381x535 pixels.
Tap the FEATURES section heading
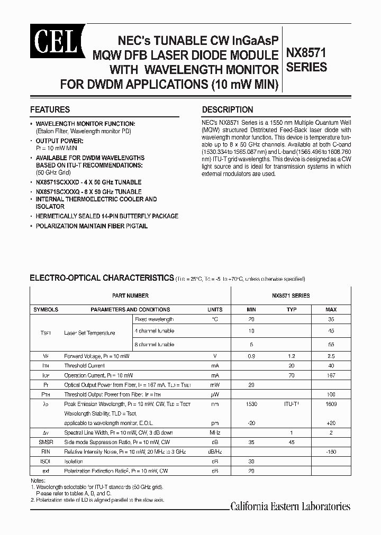click(50, 110)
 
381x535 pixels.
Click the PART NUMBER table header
click(130, 296)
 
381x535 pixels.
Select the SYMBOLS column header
click(46, 309)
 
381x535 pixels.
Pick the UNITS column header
click(215, 309)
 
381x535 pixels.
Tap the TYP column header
click(291, 309)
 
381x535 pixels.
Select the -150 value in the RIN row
click(331, 451)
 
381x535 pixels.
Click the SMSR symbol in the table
click(46, 441)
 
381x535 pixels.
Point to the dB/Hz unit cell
click(215, 451)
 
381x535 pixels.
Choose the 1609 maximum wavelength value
click(331, 404)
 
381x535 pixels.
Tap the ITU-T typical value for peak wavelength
click(291, 404)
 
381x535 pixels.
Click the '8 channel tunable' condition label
click(155, 344)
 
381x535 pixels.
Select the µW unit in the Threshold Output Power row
click(215, 394)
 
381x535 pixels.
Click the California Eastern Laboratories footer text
click(290, 506)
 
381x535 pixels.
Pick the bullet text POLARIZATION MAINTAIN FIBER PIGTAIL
click(92, 226)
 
